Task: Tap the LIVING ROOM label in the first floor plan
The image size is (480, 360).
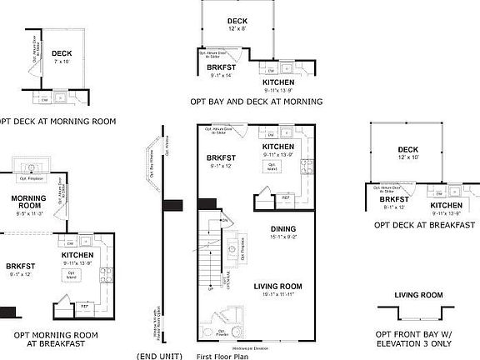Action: coord(277,286)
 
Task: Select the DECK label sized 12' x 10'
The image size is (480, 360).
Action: coord(408,151)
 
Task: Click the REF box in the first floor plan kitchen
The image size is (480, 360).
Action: coord(286,197)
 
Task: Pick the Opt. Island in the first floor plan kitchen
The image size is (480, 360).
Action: coord(272,167)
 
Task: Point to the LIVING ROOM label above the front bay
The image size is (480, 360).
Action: coord(417,295)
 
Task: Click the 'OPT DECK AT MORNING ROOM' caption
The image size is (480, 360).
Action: coord(57,121)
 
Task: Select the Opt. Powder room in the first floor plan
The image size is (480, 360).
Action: coord(222,321)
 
